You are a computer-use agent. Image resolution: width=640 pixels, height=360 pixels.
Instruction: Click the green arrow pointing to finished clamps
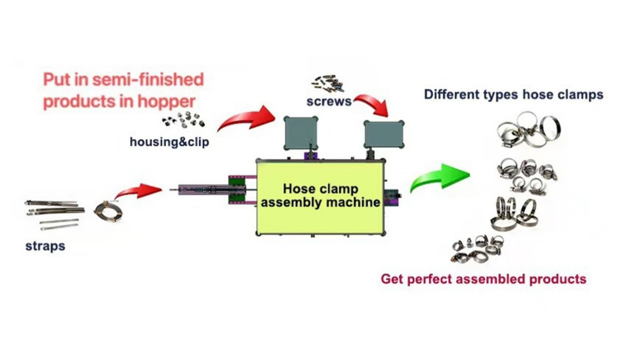click(x=440, y=177)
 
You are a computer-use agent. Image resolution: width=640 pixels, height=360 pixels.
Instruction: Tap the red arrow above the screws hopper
click(x=373, y=104)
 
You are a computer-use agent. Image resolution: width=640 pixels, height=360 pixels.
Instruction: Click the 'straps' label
click(x=46, y=246)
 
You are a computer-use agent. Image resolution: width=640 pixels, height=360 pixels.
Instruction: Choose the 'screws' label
click(x=329, y=101)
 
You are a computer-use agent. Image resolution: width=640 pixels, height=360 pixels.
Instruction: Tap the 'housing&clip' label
click(x=169, y=142)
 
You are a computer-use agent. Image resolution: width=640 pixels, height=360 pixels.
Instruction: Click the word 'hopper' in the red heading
click(x=167, y=101)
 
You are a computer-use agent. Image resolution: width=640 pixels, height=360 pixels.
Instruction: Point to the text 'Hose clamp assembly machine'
click(x=321, y=196)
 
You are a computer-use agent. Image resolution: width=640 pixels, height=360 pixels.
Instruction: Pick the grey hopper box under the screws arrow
click(x=384, y=134)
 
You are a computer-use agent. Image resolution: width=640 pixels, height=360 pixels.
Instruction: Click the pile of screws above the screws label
click(x=328, y=84)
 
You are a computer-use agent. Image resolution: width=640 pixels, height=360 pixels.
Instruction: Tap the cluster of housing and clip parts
click(x=184, y=120)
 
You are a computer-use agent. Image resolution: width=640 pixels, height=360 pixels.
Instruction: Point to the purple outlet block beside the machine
click(x=392, y=197)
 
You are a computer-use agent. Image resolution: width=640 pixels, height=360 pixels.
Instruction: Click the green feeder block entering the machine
click(x=237, y=190)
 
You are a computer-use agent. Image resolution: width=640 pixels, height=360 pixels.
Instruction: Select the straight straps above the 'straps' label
click(x=54, y=214)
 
